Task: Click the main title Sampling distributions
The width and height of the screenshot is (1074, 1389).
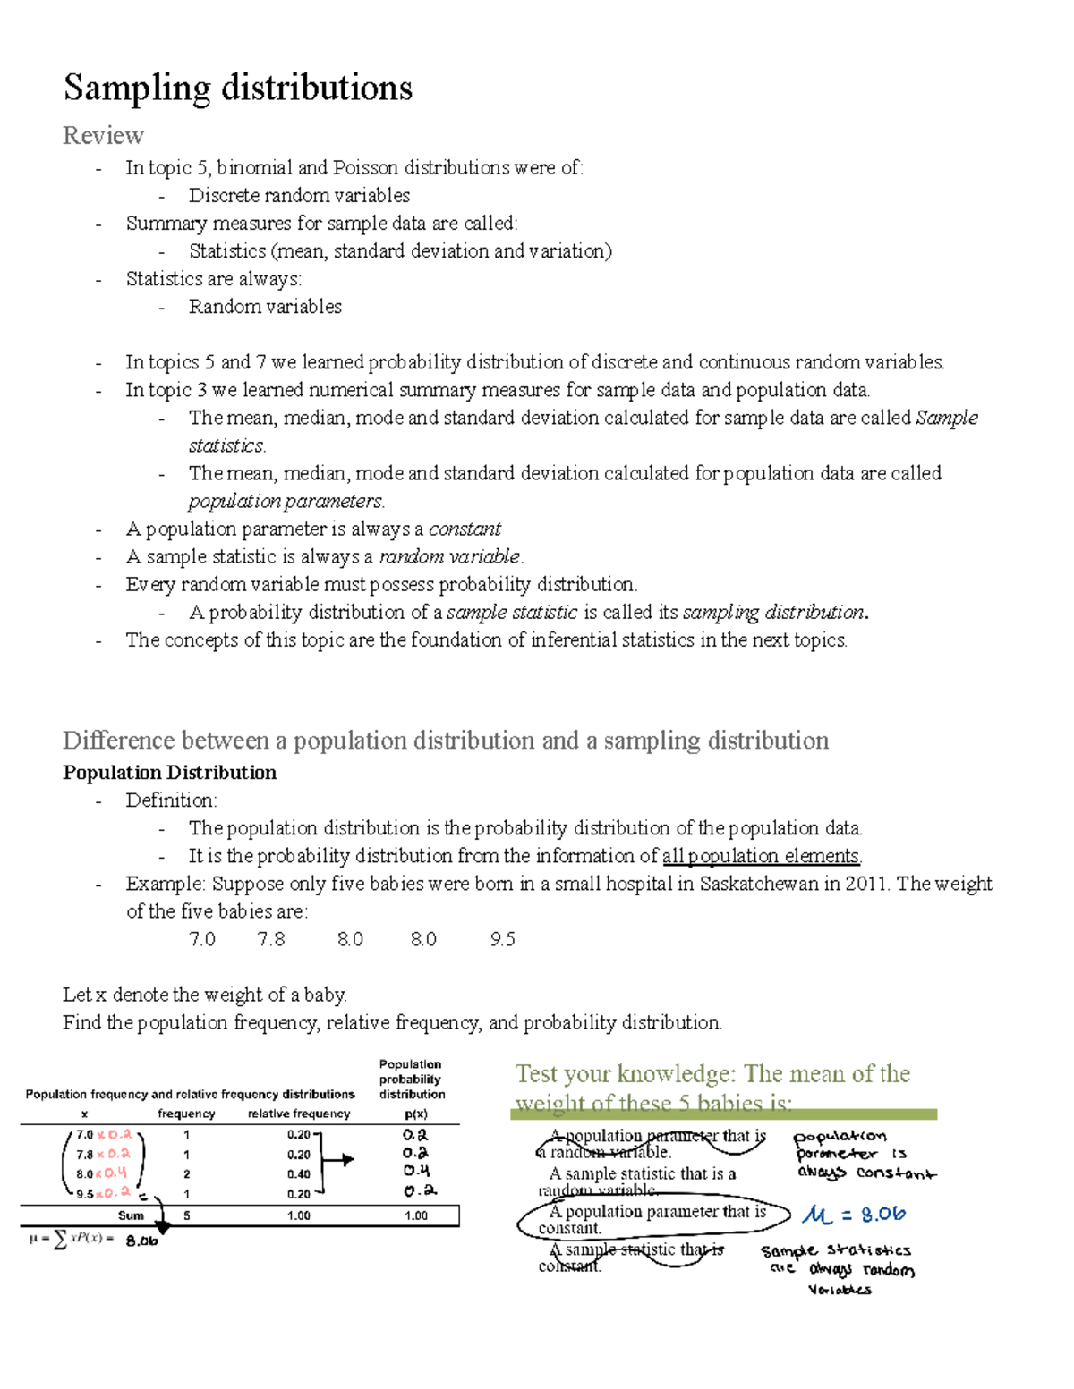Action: coord(238,88)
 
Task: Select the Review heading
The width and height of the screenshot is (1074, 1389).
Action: coord(103,135)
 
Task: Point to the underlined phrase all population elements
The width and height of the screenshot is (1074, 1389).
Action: coord(761,856)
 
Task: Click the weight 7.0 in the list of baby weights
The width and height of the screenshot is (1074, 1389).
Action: coord(202,939)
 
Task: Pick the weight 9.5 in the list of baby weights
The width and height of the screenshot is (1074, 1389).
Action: coord(502,939)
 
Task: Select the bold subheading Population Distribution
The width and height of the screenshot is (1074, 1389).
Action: coord(169,773)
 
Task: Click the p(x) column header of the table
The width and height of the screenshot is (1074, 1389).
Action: coord(415,1114)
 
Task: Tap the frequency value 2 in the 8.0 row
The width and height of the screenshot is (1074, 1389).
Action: coord(186,1174)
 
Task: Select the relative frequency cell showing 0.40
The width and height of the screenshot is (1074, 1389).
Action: coord(298,1174)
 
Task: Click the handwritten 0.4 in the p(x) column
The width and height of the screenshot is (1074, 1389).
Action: coord(415,1171)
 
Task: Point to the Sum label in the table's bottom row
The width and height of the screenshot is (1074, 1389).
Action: coord(131,1215)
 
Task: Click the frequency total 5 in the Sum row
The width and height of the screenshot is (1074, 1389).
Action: coord(186,1215)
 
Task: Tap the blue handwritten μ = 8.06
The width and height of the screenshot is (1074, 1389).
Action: coord(854,1215)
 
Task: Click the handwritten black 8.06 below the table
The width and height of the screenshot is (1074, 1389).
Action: coord(141,1241)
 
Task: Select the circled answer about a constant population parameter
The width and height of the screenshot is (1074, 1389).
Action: coord(653,1219)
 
